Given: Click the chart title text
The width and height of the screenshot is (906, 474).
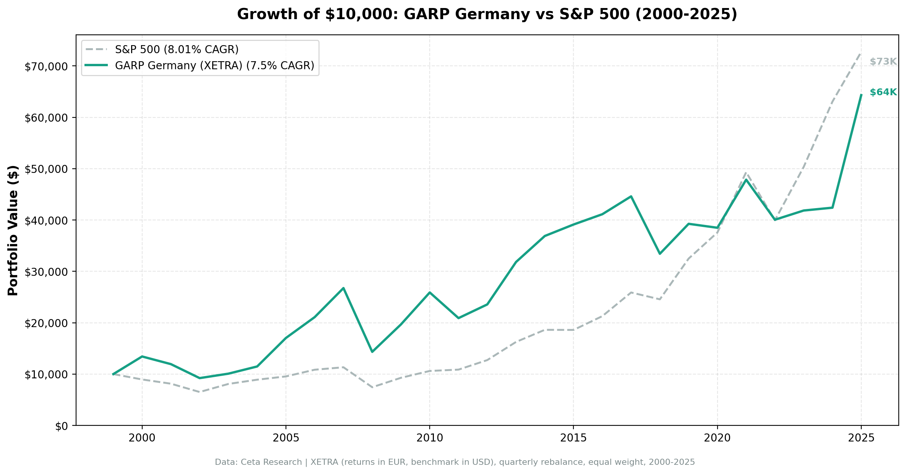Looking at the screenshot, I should click(487, 15).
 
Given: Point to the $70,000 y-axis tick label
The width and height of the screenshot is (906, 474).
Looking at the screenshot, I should click(46, 67).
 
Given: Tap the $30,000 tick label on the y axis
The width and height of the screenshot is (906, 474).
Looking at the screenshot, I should click(46, 272).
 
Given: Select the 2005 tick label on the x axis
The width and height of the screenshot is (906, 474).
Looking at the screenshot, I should click(286, 438).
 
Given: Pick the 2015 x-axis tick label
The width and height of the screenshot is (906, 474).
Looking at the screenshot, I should click(573, 438).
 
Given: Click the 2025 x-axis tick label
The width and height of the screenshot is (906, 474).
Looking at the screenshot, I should click(861, 438).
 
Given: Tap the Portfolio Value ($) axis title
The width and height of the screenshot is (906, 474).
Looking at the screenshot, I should click(13, 230).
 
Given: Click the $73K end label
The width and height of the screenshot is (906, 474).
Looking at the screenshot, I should click(883, 62).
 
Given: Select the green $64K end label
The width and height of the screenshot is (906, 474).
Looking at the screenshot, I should click(883, 92).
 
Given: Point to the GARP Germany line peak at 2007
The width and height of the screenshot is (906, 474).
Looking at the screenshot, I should click(343, 288).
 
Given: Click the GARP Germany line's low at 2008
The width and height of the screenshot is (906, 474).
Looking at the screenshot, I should click(372, 352).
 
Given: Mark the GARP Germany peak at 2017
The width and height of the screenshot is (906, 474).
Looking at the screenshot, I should click(631, 196).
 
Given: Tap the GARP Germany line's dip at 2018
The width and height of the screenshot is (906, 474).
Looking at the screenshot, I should click(660, 254).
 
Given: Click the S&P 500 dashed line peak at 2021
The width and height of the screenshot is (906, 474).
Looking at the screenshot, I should click(746, 173).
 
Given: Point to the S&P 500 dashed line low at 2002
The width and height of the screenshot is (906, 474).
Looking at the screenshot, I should click(200, 392).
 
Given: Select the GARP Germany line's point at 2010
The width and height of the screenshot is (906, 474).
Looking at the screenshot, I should click(430, 292).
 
